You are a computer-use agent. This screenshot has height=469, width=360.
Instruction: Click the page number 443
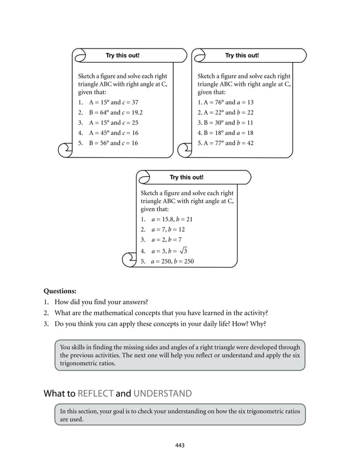[180, 445]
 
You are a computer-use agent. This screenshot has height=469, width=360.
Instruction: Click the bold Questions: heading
[60, 291]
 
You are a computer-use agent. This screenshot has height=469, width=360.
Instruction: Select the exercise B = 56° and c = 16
[113, 143]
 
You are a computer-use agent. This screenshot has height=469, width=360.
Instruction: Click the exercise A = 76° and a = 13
[226, 102]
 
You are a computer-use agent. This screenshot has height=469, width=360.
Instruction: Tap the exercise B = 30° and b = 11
[225, 122]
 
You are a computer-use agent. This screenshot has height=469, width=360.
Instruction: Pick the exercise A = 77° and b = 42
[226, 143]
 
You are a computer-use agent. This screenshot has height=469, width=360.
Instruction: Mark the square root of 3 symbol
[182, 251]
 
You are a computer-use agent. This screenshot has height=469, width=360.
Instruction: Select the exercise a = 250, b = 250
[172, 261]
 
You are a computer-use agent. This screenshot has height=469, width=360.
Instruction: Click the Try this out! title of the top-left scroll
[122, 55]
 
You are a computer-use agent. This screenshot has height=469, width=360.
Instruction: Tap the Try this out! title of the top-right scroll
[242, 55]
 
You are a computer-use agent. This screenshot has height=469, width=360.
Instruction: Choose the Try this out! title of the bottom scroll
[187, 177]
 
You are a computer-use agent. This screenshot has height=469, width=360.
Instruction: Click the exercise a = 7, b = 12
[168, 230]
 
